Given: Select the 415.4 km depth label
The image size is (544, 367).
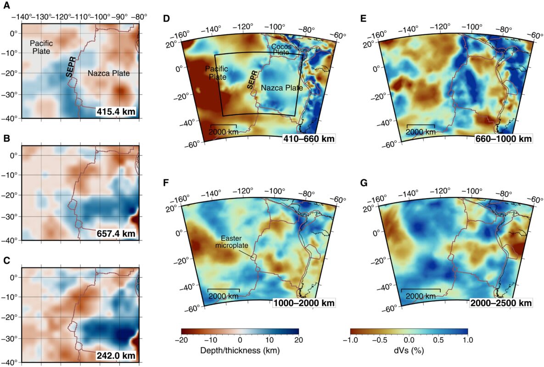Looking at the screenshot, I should [117, 111].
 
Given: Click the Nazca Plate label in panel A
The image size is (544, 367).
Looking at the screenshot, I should [108, 73].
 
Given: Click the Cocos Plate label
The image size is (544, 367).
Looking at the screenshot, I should [280, 50].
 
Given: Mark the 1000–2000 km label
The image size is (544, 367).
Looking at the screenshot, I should [304, 303].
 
